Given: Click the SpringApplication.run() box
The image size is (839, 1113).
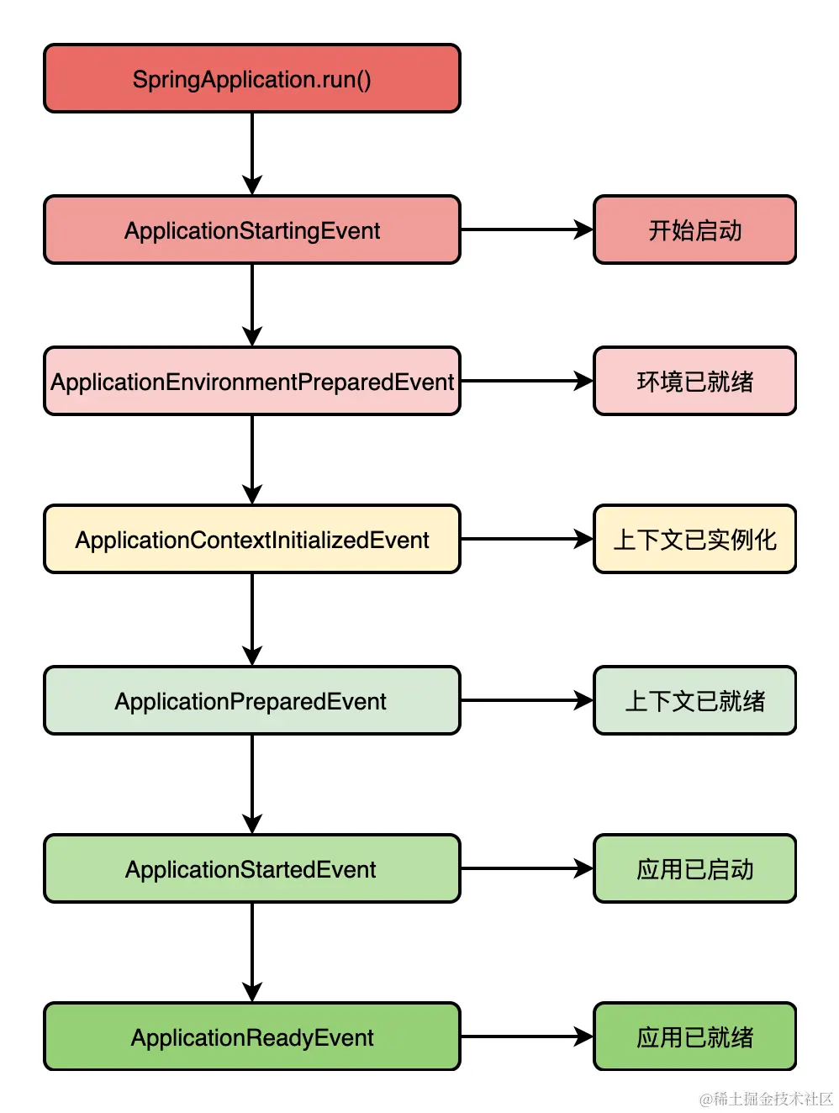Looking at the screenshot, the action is (x=252, y=78).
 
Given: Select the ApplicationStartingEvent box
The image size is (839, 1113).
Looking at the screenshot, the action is (x=252, y=229).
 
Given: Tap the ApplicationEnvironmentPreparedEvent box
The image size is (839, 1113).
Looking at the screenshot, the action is (x=252, y=381).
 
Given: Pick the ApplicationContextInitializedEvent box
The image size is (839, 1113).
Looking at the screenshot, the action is (x=252, y=539).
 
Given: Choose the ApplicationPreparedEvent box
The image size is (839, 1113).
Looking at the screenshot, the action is (x=252, y=700).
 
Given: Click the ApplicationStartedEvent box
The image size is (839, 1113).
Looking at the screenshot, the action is (x=252, y=868).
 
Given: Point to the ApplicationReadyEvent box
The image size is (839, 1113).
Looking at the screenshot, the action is (x=252, y=1037).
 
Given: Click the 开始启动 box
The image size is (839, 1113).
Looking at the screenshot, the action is (x=694, y=229).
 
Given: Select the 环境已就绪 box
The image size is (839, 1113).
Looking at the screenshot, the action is (x=694, y=381).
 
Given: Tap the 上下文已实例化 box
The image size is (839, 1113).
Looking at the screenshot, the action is (x=694, y=539).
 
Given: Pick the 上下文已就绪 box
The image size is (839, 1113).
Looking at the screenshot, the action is (x=694, y=700).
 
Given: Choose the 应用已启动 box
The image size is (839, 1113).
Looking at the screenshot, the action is (x=694, y=868).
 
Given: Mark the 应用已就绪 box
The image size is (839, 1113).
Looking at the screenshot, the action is (x=694, y=1037).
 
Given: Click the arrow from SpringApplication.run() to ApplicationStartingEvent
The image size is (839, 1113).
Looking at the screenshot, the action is (x=252, y=154).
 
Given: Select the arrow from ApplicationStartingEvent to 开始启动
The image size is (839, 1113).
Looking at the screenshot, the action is (x=527, y=229).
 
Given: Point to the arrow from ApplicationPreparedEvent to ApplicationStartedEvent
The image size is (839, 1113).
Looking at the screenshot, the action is (x=252, y=784).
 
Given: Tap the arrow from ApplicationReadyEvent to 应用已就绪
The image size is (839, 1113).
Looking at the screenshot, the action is (x=527, y=1037).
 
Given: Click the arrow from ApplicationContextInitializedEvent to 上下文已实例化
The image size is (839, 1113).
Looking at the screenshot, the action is (x=527, y=539).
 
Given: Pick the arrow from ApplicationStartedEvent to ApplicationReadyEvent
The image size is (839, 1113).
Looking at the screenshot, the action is (x=252, y=952).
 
